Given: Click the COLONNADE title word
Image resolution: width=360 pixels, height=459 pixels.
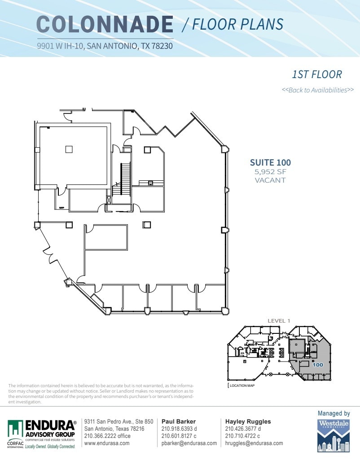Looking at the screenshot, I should [105, 24].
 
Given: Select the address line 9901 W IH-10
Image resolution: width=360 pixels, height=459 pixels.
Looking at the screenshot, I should [105, 45].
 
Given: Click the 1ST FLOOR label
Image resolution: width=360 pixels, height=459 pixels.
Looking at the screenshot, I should [316, 74].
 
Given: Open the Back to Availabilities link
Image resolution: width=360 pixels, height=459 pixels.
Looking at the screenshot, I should [317, 90].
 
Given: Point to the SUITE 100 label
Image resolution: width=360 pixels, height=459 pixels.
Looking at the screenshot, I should [270, 162].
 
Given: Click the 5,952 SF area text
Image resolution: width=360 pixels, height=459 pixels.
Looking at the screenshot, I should [270, 172].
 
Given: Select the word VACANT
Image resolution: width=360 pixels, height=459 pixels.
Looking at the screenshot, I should [270, 180].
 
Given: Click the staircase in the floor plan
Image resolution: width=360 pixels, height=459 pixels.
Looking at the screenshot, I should [125, 179].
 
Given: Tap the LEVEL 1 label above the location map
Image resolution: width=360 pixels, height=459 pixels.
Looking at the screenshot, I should [279, 321].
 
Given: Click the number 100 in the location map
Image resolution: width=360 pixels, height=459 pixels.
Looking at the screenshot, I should [318, 365].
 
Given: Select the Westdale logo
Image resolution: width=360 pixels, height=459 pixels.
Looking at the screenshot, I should [334, 435].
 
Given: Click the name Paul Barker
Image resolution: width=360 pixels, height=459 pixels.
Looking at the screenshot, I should [178, 422].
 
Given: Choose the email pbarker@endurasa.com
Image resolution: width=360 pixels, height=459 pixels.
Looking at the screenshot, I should [189, 443].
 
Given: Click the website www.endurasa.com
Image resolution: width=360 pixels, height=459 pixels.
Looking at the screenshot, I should [107, 443].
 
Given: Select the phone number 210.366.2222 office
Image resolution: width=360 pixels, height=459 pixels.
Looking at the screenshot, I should [107, 436].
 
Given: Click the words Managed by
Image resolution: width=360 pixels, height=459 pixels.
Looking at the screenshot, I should [334, 413].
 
